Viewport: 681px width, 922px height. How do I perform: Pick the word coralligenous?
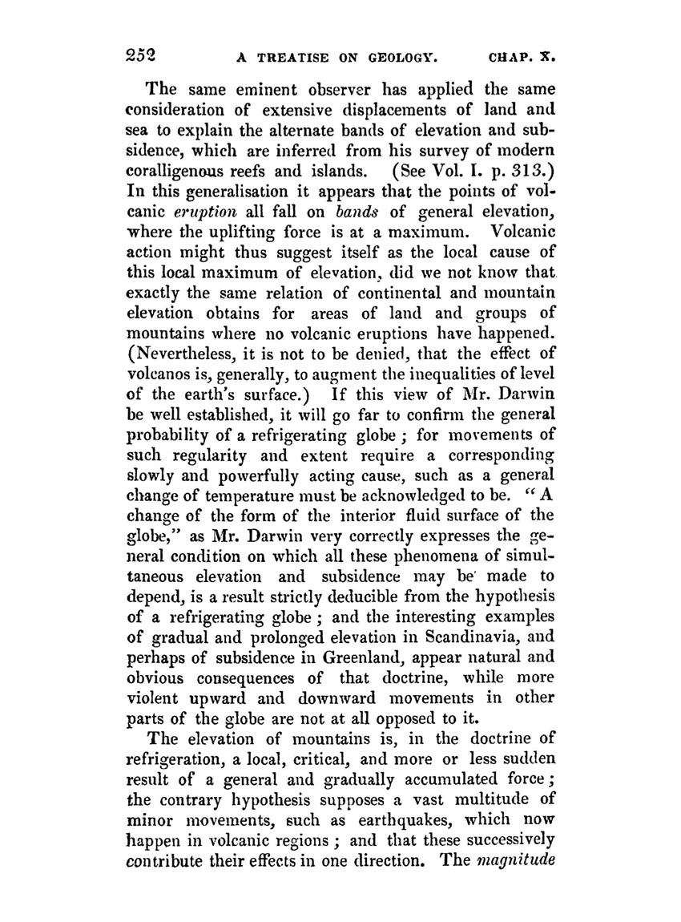tap(178, 171)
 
